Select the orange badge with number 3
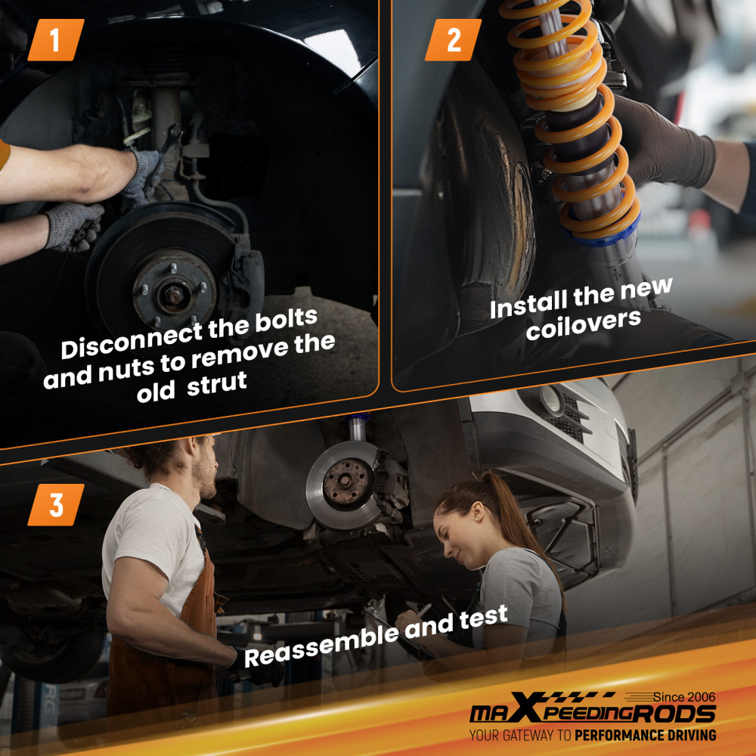(56, 505)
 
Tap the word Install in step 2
(528, 305)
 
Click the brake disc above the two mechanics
(345, 485)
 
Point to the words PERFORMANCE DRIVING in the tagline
(646, 735)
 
